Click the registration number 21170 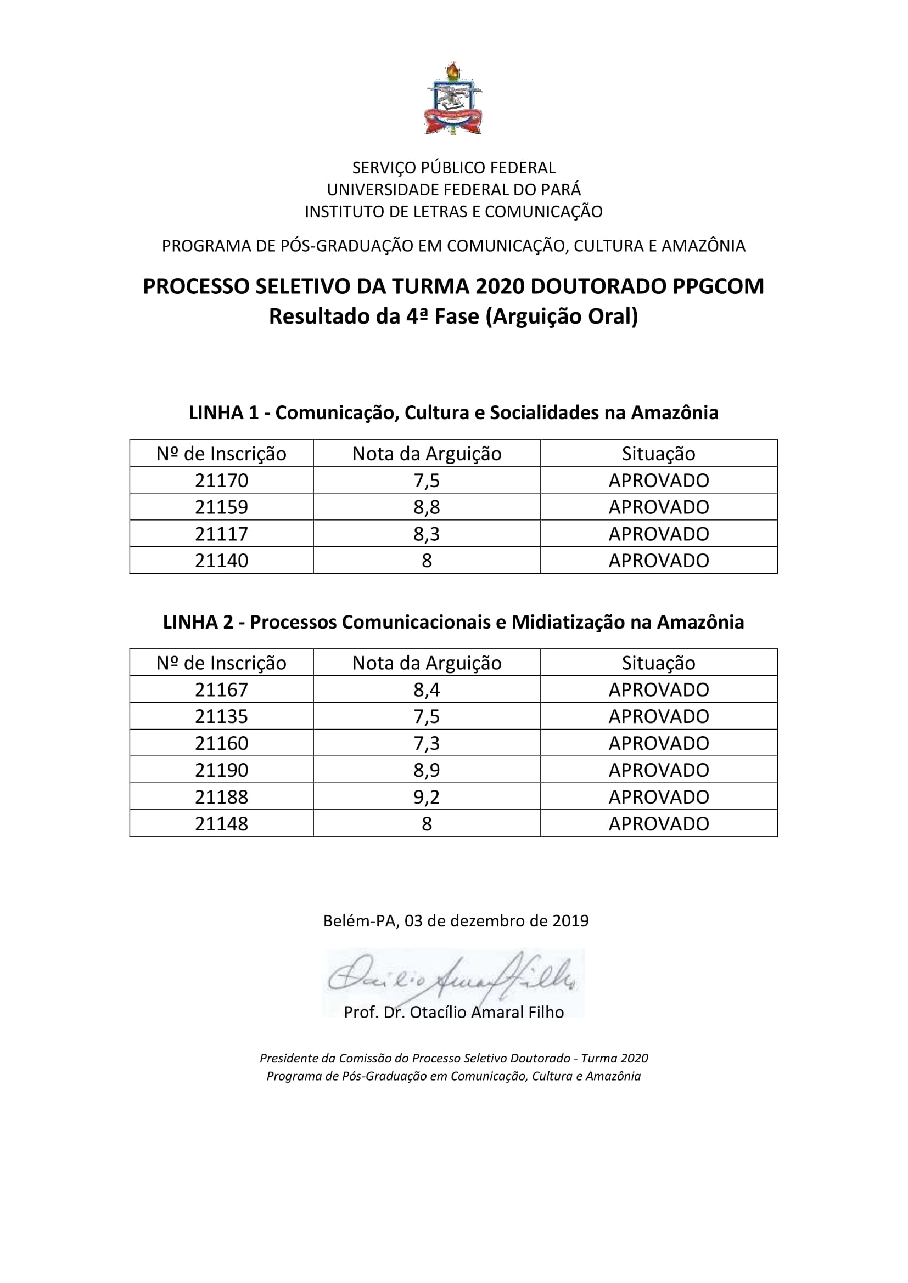[221, 480]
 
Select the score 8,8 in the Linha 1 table [427, 507]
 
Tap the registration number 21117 [221, 534]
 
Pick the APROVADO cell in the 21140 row [659, 561]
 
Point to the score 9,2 [427, 796]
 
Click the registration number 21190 [221, 770]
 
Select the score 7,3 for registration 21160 [427, 743]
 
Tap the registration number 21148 [221, 823]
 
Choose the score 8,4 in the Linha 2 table [427, 689]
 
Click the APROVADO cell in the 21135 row [659, 716]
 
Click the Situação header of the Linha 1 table [659, 453]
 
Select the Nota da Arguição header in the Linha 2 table [427, 663]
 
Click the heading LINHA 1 [223, 412]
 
